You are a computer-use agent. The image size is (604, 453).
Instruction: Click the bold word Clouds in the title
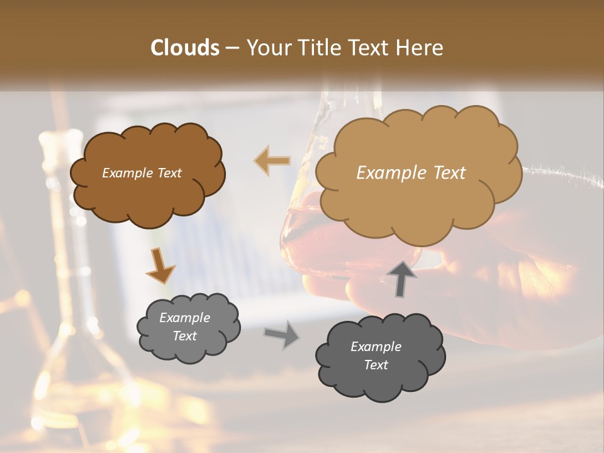coord(184,48)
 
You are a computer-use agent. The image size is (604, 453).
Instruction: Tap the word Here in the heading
coord(423,48)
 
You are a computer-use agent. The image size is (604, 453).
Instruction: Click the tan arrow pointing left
coord(272,161)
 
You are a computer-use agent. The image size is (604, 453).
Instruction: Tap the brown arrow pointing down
coord(160,266)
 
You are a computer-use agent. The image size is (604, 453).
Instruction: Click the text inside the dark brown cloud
coord(142,173)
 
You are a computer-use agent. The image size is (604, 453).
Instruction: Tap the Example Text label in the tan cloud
coord(411,173)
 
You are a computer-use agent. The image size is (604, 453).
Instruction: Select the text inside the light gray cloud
coord(184,327)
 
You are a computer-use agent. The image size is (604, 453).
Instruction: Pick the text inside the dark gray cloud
coord(376,355)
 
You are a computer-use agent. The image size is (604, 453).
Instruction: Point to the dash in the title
coord(232,48)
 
